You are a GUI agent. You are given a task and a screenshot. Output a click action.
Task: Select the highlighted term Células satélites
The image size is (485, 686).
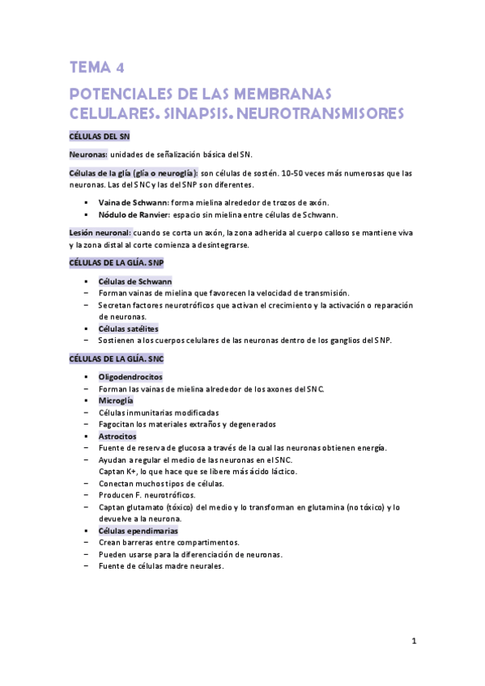coord(128,328)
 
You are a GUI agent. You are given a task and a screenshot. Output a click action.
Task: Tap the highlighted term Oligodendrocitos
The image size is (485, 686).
coord(130,377)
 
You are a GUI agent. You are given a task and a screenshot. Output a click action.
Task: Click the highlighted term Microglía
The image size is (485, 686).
coord(116,400)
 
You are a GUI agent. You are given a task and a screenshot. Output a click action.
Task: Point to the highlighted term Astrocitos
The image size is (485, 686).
coord(119,436)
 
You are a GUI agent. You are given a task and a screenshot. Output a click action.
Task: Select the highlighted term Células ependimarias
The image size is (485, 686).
coord(138,531)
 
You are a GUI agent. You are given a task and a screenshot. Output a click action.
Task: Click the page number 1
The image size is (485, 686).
coord(413,642)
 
